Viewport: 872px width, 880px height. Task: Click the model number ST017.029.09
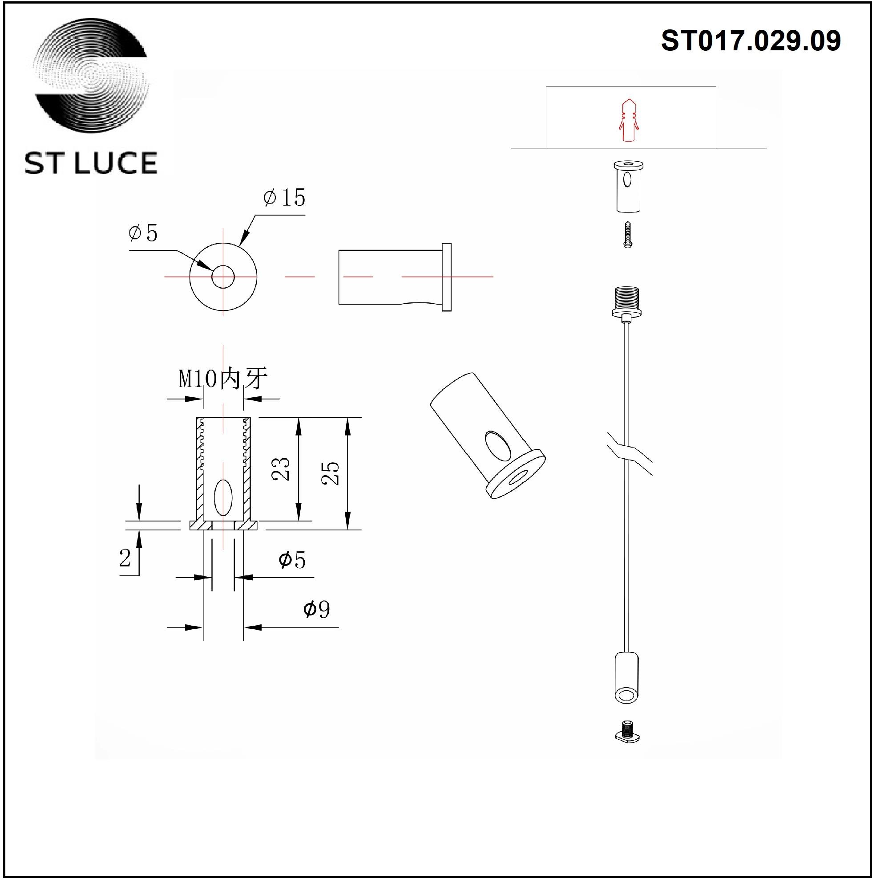(x=751, y=41)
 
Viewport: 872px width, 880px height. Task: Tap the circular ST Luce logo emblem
(x=92, y=76)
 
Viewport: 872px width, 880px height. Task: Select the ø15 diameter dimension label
(x=284, y=198)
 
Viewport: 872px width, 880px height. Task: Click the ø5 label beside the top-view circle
(x=143, y=233)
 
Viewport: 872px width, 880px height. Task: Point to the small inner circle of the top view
(x=223, y=277)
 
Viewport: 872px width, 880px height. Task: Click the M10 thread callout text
(x=222, y=379)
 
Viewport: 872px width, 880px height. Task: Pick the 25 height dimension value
(x=331, y=473)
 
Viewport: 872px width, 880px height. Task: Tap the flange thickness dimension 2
(x=125, y=558)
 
